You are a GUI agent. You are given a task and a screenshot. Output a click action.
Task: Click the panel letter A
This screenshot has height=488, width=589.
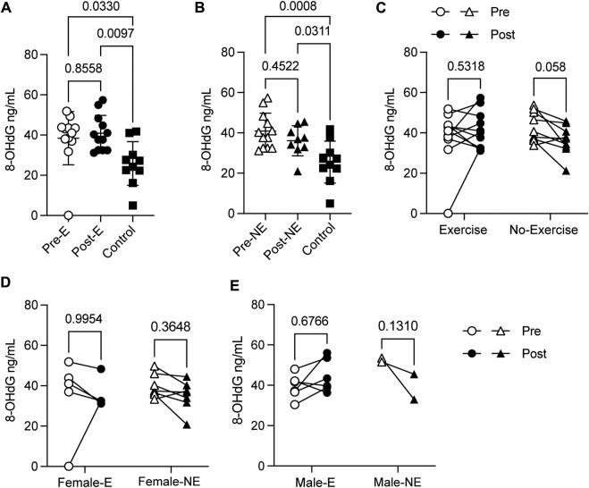pos(7,9)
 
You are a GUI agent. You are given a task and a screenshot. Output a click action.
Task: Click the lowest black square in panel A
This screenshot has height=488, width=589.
pos(132,205)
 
